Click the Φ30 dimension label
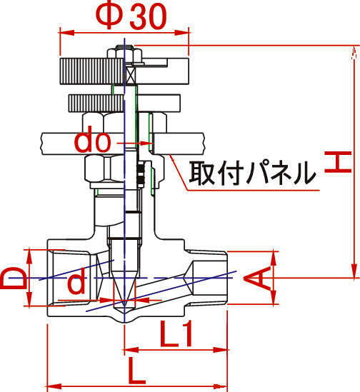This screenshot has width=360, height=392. point(131,16)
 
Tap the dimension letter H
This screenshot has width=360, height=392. point(338,162)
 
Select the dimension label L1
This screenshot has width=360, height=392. point(176,333)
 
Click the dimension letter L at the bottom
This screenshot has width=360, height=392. point(136,371)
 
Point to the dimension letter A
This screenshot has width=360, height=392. point(258,278)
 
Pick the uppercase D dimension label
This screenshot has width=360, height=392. point(14,278)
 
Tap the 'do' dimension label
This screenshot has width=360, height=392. point(92,142)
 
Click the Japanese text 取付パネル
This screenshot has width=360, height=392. point(252,173)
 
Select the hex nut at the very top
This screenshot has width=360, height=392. point(124,54)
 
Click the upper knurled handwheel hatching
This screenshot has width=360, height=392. point(91,71)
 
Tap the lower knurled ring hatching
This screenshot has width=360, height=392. point(96,103)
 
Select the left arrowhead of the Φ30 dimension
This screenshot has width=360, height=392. point(66,33)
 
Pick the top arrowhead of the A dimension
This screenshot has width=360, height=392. point(274,258)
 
